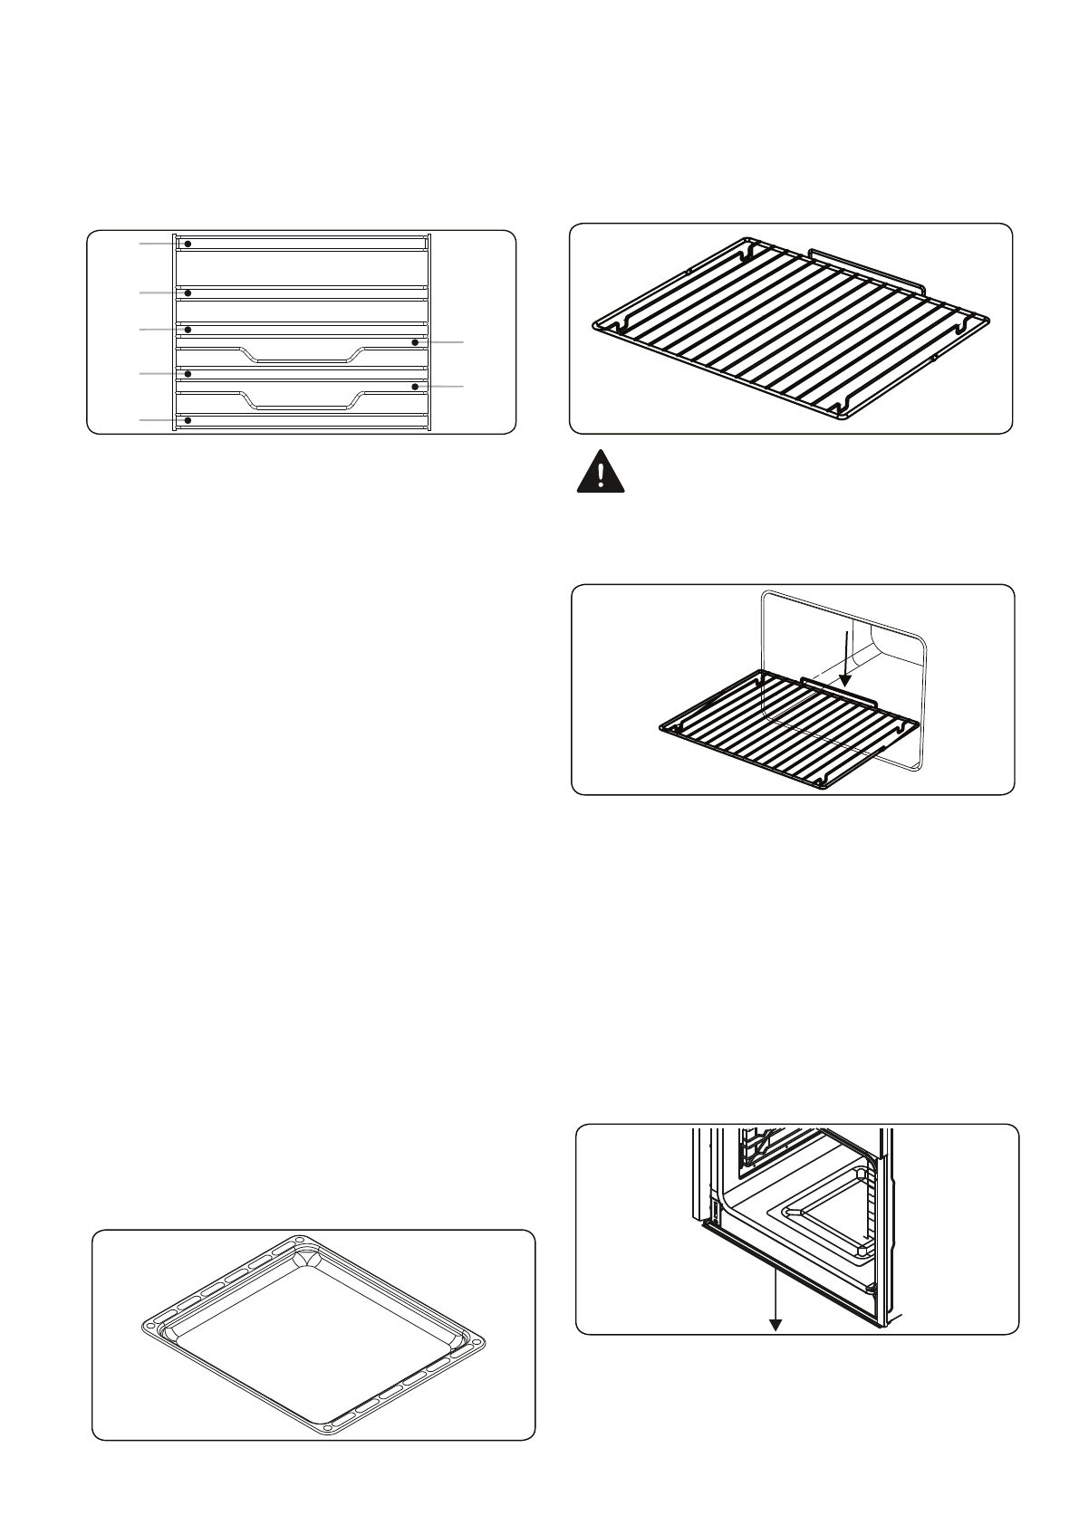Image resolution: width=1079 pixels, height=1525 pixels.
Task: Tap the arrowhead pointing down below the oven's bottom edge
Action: point(776,1325)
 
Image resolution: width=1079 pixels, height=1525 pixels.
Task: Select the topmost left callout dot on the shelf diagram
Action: point(188,245)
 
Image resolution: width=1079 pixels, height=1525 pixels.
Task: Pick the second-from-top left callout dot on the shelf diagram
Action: point(188,293)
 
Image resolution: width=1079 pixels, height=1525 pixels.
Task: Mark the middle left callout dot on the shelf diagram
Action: point(188,330)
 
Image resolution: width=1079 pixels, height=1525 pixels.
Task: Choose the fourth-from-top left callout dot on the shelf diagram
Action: point(188,373)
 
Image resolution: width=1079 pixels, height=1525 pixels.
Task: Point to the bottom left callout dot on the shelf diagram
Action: point(188,420)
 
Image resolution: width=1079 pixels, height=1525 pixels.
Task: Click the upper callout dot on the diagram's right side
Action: point(415,342)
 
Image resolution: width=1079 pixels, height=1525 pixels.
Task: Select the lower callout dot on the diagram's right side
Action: point(415,387)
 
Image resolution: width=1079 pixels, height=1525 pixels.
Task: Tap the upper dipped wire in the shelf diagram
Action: point(299,360)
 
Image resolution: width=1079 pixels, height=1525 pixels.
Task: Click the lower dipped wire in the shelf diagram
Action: point(299,408)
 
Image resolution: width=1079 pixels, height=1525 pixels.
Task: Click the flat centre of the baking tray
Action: point(313,1331)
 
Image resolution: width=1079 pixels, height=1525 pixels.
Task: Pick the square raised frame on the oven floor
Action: point(820,1218)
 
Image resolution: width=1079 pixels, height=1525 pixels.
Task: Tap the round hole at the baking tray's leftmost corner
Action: point(150,1328)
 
